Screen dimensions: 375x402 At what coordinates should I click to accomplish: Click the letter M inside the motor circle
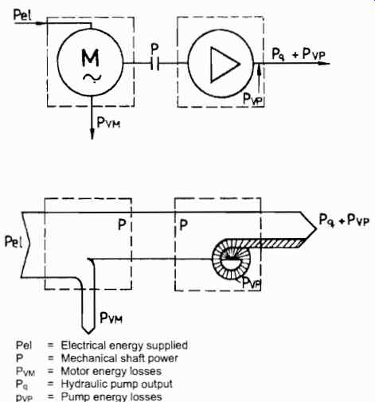tap(91, 57)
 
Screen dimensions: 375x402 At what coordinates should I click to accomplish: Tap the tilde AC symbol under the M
tap(92, 78)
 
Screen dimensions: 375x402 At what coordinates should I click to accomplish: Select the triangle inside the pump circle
tap(225, 64)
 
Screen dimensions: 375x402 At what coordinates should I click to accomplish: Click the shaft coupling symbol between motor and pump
tap(155, 64)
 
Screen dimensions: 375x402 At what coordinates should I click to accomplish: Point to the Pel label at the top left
tap(22, 15)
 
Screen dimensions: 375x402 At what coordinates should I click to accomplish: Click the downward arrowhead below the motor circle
tap(92, 134)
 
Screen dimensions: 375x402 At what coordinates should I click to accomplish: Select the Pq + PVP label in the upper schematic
tap(299, 55)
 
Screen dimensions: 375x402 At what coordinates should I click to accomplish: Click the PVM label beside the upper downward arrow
tap(108, 123)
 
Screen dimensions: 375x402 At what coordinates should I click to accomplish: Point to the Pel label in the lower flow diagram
tap(13, 242)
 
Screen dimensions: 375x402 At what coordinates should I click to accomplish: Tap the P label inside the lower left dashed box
tap(122, 225)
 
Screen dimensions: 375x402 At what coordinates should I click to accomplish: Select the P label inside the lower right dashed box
tap(184, 225)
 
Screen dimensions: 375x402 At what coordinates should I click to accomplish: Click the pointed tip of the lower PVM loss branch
tap(88, 333)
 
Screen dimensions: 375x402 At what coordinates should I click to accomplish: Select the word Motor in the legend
tap(72, 371)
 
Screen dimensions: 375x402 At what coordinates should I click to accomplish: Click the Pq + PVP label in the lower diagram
tap(344, 221)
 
